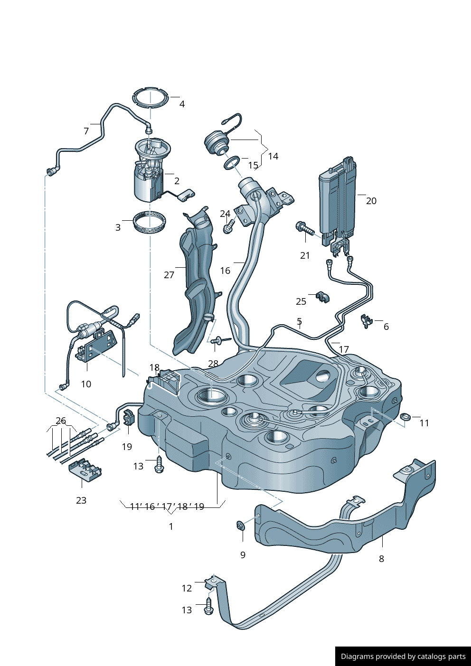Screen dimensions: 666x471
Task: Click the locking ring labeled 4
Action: click(151, 99)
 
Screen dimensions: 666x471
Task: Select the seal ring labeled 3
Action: click(150, 222)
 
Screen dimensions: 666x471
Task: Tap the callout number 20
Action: click(371, 201)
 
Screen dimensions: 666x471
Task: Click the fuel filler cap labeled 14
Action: click(217, 142)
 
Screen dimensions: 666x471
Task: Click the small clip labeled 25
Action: click(323, 298)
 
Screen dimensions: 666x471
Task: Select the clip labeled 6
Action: click(366, 321)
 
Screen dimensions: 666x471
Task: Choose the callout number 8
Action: click(381, 559)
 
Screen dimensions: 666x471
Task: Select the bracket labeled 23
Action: click(85, 469)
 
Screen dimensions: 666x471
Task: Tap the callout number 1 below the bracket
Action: click(171, 526)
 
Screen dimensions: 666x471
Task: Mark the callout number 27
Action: click(169, 275)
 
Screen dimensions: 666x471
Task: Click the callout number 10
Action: click(86, 384)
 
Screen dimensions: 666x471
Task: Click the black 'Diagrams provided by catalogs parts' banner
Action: click(403, 656)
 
